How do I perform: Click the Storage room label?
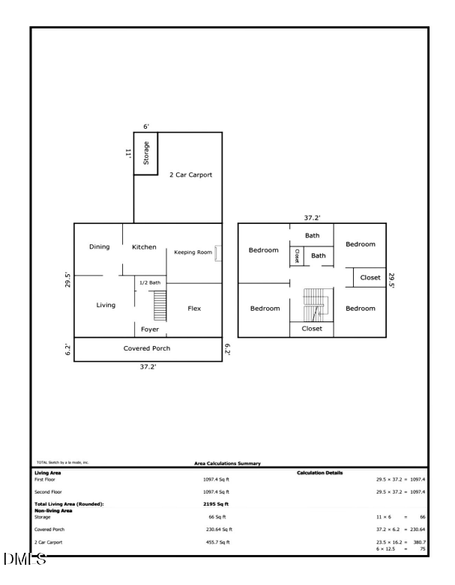pos(146,153)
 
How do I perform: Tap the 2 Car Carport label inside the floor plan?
pos(190,175)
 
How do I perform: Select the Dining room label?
pos(100,246)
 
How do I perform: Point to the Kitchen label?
pos(144,246)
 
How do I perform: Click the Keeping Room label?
pos(193,252)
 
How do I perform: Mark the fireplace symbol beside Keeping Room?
pos(217,253)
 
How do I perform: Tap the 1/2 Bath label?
pos(150,282)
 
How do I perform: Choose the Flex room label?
pos(194,308)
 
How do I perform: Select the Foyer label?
pos(150,330)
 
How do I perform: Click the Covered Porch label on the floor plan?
pos(147,348)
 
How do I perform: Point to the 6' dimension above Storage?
pos(147,127)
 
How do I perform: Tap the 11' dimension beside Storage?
pos(128,153)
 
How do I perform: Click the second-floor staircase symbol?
pos(313,306)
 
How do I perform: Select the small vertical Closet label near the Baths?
pos(297,255)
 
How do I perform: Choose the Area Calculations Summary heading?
pos(223,464)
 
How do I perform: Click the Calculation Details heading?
pos(320,473)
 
